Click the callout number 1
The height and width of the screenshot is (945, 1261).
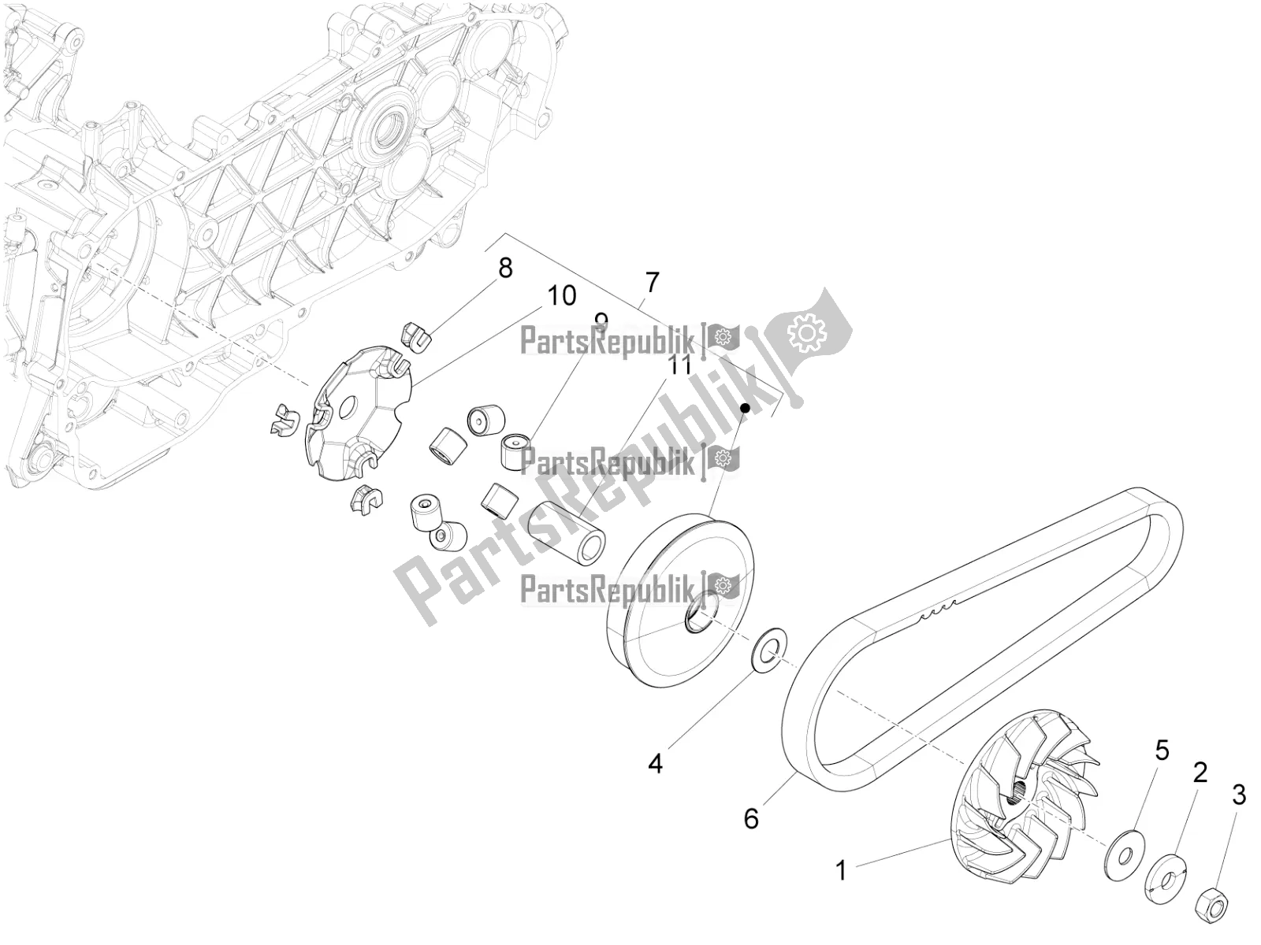pyautogui.click(x=841, y=870)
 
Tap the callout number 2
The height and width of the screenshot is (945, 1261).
pyautogui.click(x=1200, y=773)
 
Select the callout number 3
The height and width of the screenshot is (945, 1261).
pyautogui.click(x=1238, y=796)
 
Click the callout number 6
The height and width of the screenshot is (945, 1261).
pyautogui.click(x=751, y=818)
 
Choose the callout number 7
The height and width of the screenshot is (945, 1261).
pyautogui.click(x=651, y=281)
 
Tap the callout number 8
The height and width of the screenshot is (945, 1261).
pyautogui.click(x=504, y=268)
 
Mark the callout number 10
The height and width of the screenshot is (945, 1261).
pyautogui.click(x=562, y=296)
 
